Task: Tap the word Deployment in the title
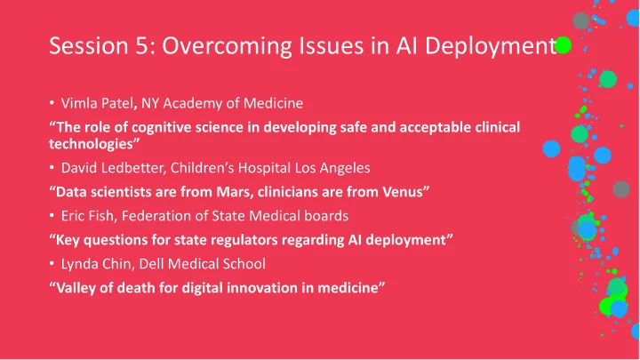click(x=491, y=47)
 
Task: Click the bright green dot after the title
click(x=564, y=45)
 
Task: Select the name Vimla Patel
click(x=97, y=103)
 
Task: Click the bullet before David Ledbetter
click(x=52, y=167)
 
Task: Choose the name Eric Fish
click(x=87, y=215)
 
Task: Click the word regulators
click(x=245, y=240)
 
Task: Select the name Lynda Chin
click(x=96, y=264)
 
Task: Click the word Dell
click(x=151, y=264)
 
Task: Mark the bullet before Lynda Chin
click(x=52, y=264)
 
